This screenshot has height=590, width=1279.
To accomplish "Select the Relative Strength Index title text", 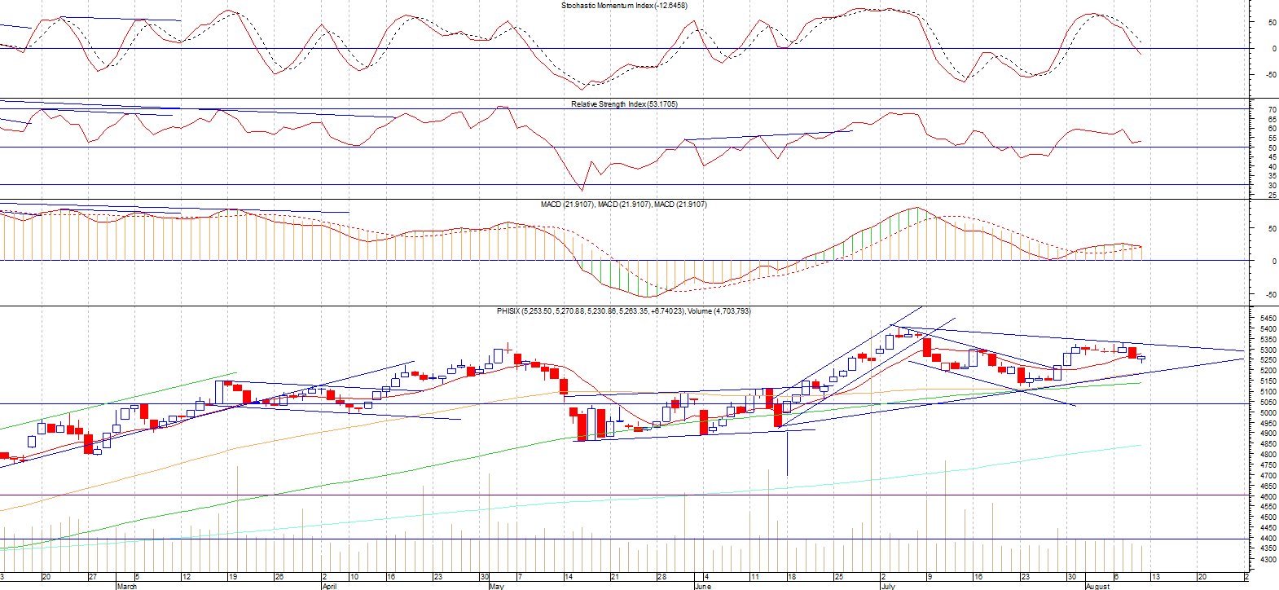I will [624, 104].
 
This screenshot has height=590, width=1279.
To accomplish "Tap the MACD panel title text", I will [624, 205].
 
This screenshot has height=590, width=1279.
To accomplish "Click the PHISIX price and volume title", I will [624, 311].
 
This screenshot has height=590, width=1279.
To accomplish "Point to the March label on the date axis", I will [127, 586].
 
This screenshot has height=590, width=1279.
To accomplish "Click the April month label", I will [329, 586].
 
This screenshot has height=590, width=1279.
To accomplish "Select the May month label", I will [496, 586].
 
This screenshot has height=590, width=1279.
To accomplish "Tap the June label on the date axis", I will [702, 586].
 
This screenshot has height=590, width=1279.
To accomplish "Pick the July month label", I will [887, 586].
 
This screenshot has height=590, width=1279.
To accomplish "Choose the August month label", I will [1097, 586].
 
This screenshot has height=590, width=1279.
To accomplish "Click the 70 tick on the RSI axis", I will [1272, 109].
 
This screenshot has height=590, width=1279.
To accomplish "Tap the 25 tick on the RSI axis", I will [1272, 195].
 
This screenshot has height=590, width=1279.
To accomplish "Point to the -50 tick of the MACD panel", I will [1270, 295].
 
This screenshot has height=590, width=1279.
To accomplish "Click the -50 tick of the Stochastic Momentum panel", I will [1270, 75].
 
